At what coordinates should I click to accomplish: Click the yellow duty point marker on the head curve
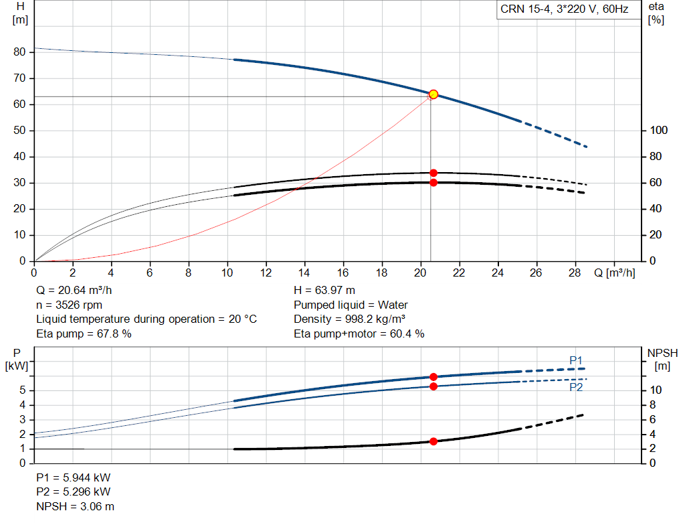point(433,94)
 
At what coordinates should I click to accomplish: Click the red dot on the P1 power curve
point(433,377)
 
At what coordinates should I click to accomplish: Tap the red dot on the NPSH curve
point(433,442)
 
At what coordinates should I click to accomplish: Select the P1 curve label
point(576,360)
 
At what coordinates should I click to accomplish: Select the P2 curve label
point(576,388)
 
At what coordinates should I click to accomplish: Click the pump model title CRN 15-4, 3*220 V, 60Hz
point(565,9)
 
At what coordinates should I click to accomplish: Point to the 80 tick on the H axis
point(19,52)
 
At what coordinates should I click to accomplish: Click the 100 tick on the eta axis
point(659,131)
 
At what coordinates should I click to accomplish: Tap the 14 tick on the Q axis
point(304,273)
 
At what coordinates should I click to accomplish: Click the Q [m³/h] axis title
point(615,273)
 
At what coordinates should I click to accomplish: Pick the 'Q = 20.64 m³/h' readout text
point(74,291)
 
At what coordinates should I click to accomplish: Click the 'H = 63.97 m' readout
point(324,291)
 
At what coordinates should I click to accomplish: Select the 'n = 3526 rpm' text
point(69,305)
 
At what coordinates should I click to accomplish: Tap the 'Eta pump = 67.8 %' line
point(84,333)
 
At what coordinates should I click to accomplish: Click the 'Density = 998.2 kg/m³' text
point(349,319)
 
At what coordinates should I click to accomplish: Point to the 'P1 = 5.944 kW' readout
point(74,477)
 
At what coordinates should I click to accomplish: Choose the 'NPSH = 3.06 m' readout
point(75,506)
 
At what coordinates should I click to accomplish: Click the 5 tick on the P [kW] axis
point(23,390)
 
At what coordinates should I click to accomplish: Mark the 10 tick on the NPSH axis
point(656,390)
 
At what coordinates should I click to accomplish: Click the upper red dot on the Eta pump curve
point(433,173)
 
